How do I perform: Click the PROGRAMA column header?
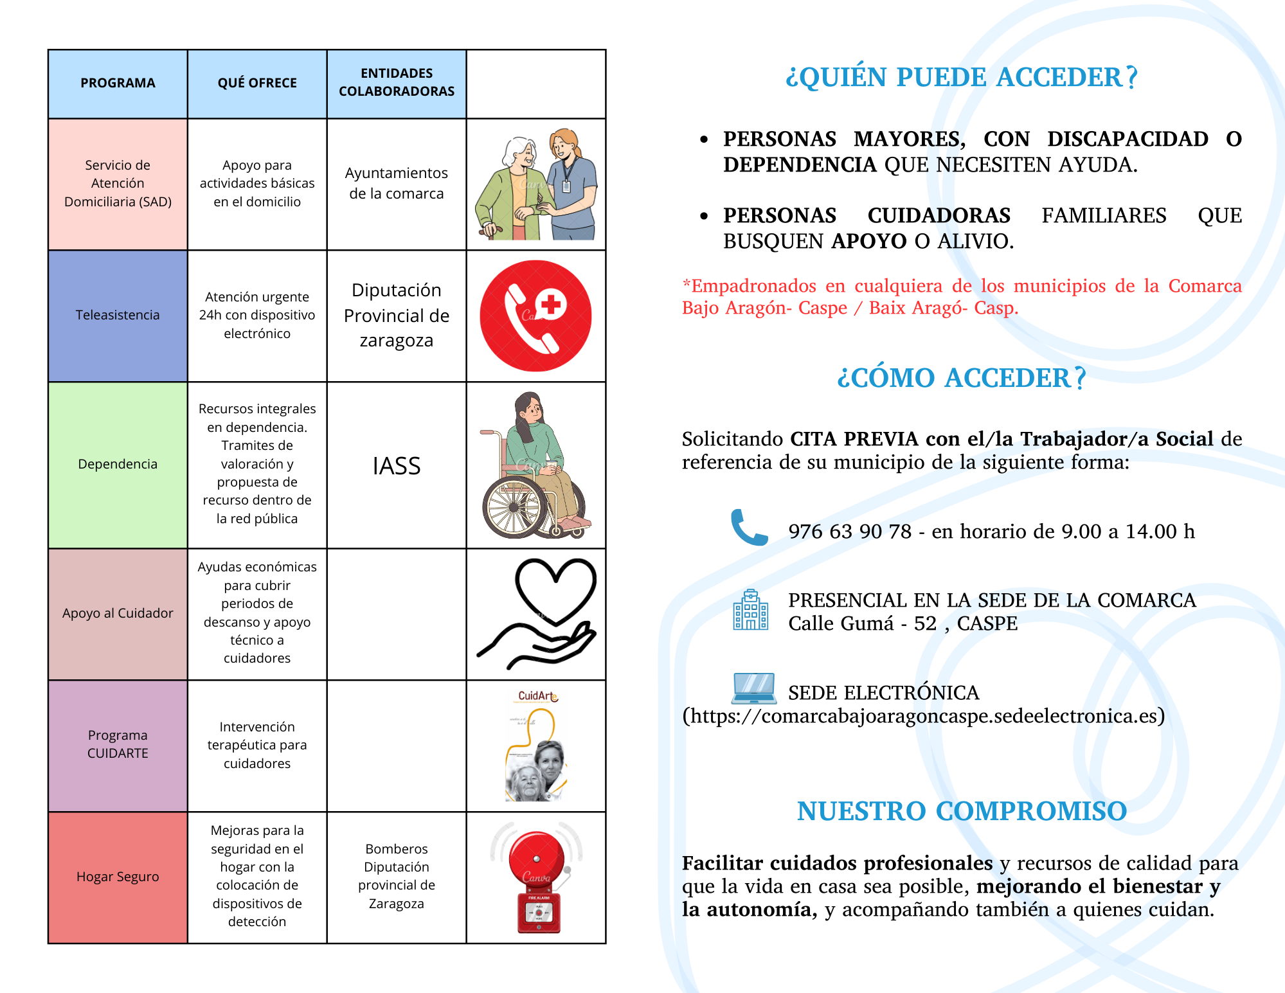tap(118, 84)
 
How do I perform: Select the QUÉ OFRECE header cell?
tap(257, 84)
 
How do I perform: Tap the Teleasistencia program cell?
tap(118, 315)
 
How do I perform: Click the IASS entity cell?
tap(397, 466)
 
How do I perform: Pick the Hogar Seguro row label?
tap(118, 877)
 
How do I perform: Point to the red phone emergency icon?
tap(535, 316)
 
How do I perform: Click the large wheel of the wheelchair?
tap(514, 507)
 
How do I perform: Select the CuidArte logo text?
tap(538, 696)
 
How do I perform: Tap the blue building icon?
tap(751, 611)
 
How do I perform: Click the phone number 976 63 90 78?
tap(850, 532)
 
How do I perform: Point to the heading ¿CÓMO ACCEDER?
tap(962, 378)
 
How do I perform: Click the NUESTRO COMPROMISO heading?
tap(962, 811)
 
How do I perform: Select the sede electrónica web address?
tap(924, 716)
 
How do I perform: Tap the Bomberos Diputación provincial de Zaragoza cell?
tap(397, 876)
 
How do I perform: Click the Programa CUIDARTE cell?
tap(118, 744)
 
